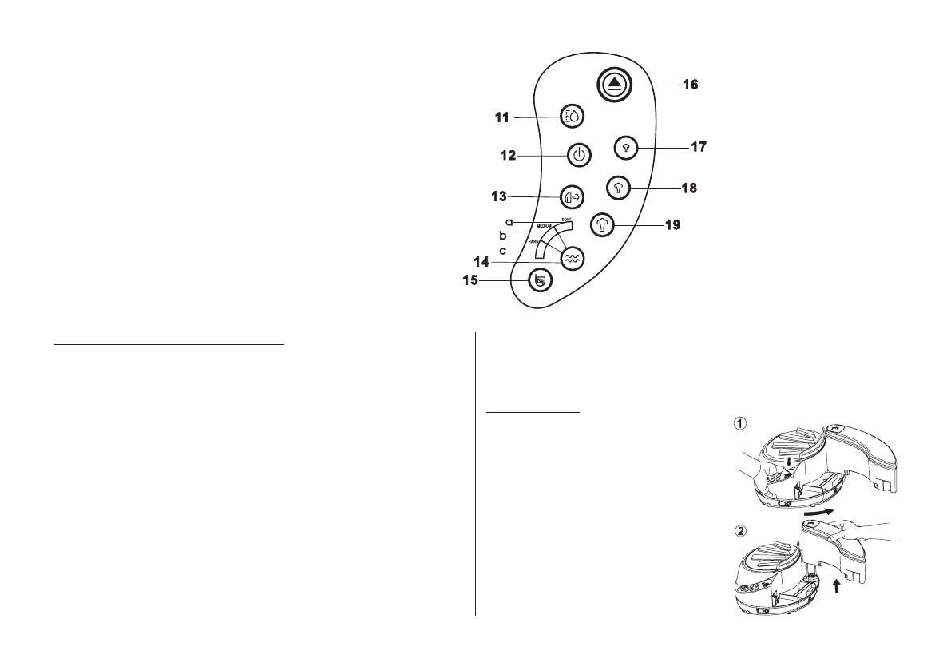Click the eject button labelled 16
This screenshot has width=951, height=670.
[614, 85]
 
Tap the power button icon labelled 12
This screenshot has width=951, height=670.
[580, 155]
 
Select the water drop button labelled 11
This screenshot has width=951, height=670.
[573, 116]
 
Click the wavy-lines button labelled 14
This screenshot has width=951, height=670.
[573, 257]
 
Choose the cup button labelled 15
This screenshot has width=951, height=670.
[541, 280]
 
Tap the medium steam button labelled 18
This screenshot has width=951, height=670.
[618, 187]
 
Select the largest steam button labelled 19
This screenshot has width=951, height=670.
[603, 224]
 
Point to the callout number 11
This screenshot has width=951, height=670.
[503, 117]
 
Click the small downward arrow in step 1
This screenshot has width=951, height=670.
[790, 462]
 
